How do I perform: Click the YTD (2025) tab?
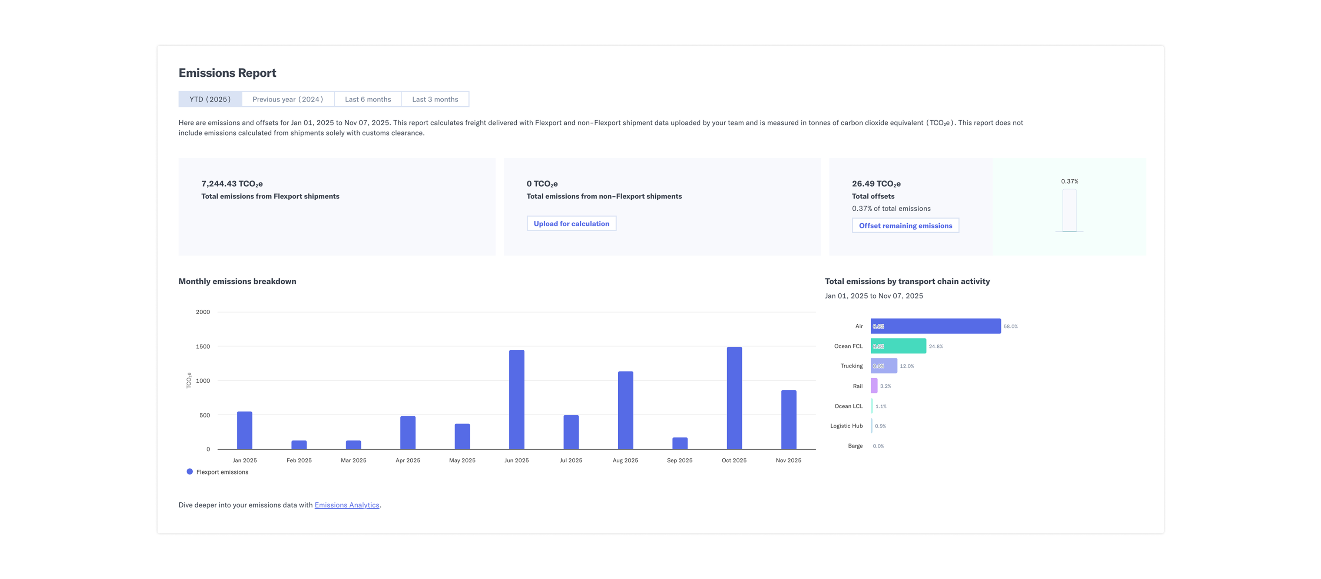(210, 99)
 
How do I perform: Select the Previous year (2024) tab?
(288, 99)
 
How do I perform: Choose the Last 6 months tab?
(368, 99)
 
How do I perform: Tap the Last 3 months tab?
(435, 99)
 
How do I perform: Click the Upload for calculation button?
(571, 224)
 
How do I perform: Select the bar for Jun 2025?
(516, 400)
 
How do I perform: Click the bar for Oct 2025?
(734, 398)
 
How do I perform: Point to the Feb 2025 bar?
(299, 445)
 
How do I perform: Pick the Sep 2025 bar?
(679, 443)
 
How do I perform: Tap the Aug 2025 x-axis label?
(625, 460)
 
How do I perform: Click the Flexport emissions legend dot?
(190, 472)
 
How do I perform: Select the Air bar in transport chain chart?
(936, 326)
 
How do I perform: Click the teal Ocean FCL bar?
(898, 346)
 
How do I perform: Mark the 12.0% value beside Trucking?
(907, 366)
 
